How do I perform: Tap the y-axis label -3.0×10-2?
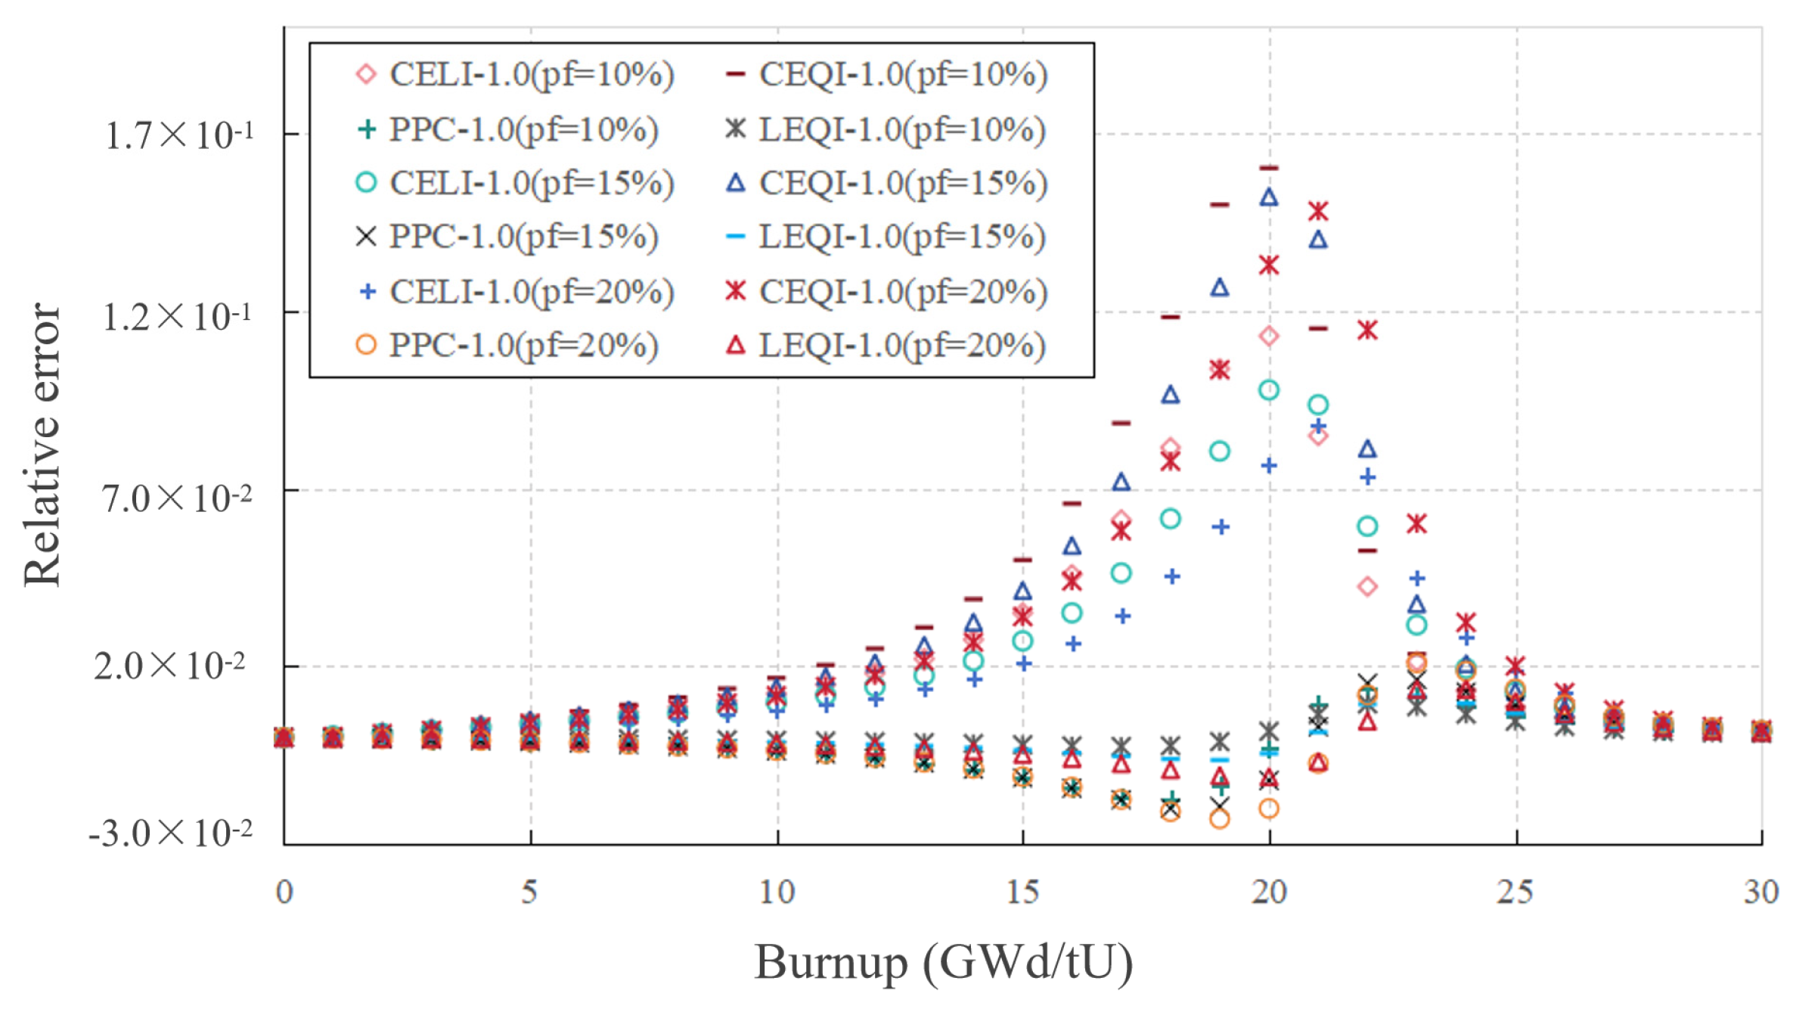(170, 833)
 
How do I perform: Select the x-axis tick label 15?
(1022, 892)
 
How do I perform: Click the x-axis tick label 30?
(1761, 892)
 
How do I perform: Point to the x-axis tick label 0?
(284, 892)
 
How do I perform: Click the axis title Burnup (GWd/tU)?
(943, 963)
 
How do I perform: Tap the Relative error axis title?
(42, 445)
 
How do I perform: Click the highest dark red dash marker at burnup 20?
(1269, 168)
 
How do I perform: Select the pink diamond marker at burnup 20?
(1269, 336)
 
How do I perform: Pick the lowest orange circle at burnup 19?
(1220, 819)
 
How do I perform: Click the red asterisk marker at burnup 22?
(1367, 331)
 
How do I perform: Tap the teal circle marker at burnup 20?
(1269, 390)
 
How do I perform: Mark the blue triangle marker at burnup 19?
(1220, 287)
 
